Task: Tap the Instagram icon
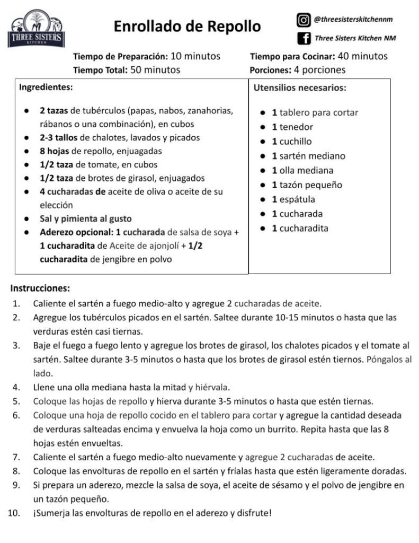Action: point(304,20)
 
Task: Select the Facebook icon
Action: point(304,38)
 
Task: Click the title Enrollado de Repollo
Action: point(187,26)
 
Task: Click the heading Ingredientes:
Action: point(46,86)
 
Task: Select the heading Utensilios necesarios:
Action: point(300,87)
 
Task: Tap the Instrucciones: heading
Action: point(40,289)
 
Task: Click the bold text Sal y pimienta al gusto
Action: point(85,218)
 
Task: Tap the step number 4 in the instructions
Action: point(16,386)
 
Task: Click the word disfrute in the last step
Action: point(254,513)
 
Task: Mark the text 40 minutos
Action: point(362,56)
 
